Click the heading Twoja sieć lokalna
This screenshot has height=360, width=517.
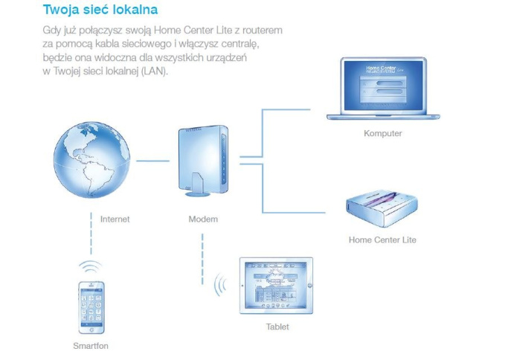100,11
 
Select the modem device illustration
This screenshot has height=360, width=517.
202,161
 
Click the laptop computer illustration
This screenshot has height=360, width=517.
383,89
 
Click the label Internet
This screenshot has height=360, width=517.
115,219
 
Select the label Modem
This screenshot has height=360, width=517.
203,219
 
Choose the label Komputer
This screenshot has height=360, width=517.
383,134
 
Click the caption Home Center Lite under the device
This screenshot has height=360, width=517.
382,240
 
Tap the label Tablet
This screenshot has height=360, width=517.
277,327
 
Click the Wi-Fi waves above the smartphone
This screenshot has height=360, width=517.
91,266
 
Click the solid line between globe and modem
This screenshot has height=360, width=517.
152,161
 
